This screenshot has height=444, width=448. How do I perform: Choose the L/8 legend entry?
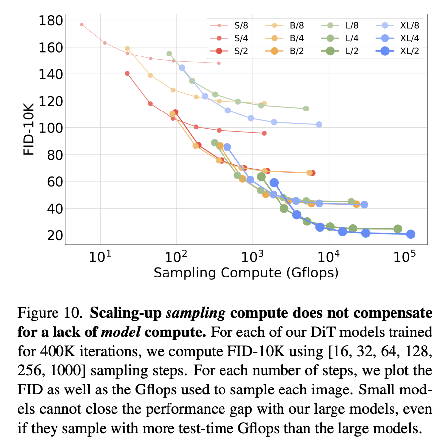[x=345, y=25]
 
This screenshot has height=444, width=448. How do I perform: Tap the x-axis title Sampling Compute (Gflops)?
[x=246, y=273]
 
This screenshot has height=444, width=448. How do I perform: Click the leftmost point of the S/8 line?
[x=82, y=24]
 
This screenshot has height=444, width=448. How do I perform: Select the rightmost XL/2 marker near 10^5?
[x=410, y=234]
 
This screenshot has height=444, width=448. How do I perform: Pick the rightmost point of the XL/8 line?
[x=319, y=124]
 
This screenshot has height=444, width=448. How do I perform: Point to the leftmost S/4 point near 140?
[x=127, y=73]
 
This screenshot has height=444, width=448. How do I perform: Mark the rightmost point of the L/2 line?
[x=398, y=229]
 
